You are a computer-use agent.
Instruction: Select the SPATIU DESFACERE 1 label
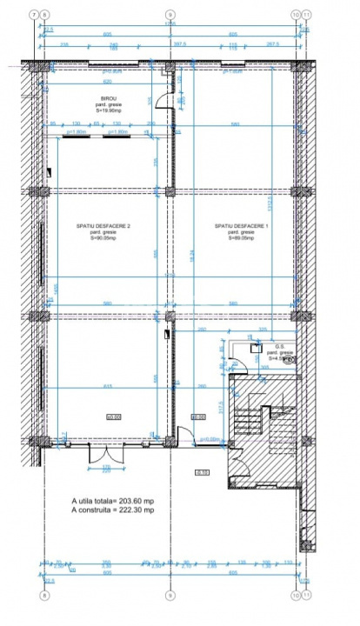click(x=235, y=227)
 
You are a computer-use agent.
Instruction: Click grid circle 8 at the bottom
click(x=43, y=596)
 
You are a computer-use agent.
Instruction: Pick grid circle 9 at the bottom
click(x=170, y=596)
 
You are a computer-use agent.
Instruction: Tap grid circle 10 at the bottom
click(x=296, y=596)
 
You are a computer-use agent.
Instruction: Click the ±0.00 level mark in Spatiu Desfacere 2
click(x=112, y=417)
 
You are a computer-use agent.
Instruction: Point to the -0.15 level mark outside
click(x=201, y=472)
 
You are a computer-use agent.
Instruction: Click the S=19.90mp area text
click(x=109, y=111)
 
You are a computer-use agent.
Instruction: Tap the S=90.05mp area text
click(x=103, y=238)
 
